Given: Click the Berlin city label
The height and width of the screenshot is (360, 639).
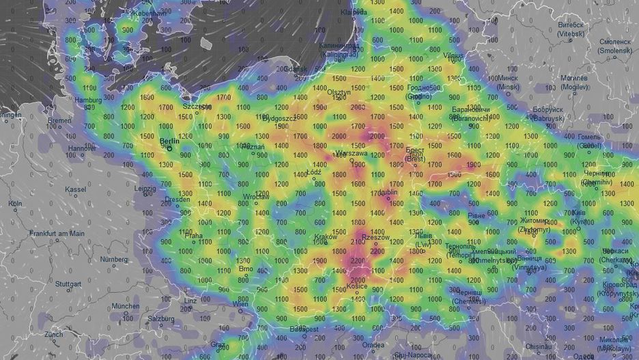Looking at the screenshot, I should pyautogui.click(x=170, y=142).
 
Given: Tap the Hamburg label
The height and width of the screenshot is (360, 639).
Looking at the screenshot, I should pyautogui.click(x=88, y=100).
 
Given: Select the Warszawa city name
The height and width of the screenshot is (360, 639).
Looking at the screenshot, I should pyautogui.click(x=350, y=154).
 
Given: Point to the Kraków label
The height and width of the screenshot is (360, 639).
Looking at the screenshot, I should pyautogui.click(x=326, y=237).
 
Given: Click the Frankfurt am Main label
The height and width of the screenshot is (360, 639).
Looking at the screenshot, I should pyautogui.click(x=57, y=234).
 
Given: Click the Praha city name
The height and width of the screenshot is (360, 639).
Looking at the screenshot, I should pyautogui.click(x=193, y=236).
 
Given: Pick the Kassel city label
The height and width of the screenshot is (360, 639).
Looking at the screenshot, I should pyautogui.click(x=75, y=189).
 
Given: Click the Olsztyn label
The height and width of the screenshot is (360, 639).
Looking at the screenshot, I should pyautogui.click(x=339, y=92).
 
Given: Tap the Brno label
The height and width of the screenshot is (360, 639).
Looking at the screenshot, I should pyautogui.click(x=246, y=268).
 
